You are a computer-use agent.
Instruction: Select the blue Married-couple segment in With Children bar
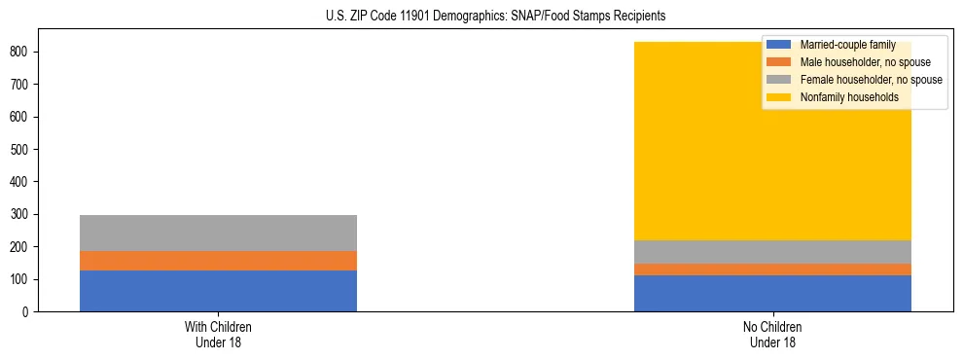tap(218, 291)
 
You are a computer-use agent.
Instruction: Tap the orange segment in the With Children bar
tap(218, 261)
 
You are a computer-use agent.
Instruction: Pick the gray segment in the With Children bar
tap(218, 233)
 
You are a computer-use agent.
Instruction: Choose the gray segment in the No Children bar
tap(772, 252)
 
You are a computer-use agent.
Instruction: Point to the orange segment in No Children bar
tap(772, 270)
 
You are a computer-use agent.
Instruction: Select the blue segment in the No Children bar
tap(772, 293)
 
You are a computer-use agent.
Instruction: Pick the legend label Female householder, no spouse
tap(871, 80)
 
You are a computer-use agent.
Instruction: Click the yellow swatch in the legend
tap(779, 97)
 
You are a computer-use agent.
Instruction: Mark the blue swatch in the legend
tap(779, 45)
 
